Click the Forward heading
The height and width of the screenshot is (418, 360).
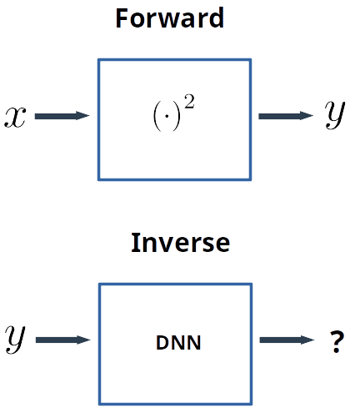(x=169, y=18)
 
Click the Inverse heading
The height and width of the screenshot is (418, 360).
(x=180, y=243)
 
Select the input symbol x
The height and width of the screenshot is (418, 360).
(x=15, y=117)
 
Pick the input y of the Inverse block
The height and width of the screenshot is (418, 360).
(x=15, y=340)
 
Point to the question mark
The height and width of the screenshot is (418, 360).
(x=336, y=341)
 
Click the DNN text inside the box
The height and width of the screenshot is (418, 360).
(x=178, y=342)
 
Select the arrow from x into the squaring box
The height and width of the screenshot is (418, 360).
(x=62, y=116)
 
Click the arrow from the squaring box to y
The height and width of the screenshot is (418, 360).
(x=286, y=116)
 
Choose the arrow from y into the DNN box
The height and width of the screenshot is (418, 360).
(x=62, y=340)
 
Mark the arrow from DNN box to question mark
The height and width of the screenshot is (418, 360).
(x=287, y=340)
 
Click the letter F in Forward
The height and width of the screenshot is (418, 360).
(x=122, y=18)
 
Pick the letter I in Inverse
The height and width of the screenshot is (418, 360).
(x=135, y=243)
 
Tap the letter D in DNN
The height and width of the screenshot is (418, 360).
(x=162, y=342)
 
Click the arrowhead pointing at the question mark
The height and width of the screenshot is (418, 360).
(x=308, y=340)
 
